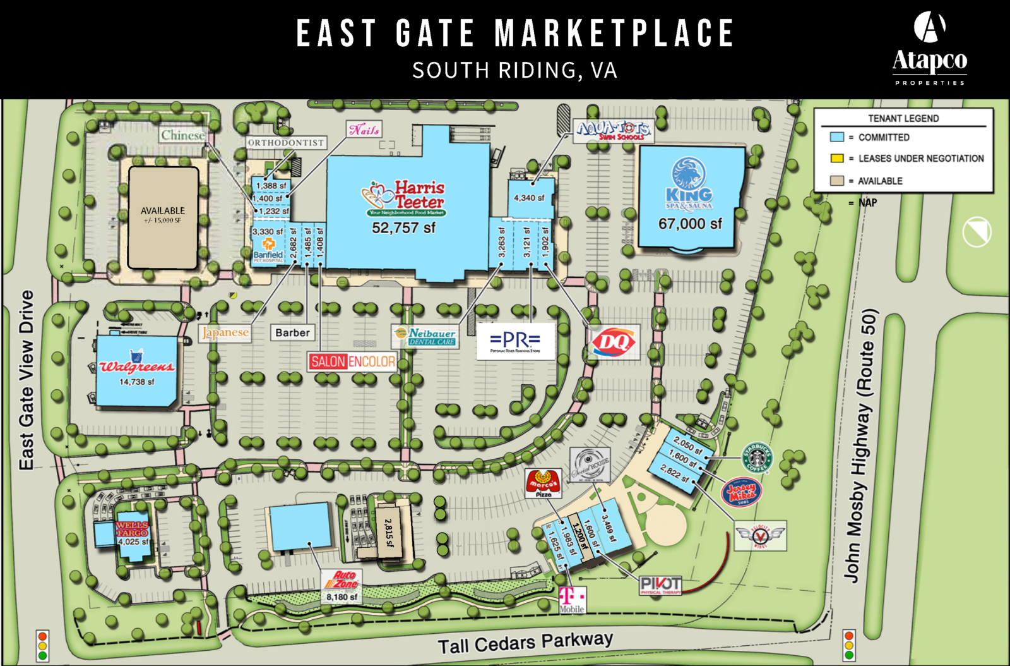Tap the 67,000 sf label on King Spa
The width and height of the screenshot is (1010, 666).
point(690,224)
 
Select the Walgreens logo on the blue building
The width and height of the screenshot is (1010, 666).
point(136,365)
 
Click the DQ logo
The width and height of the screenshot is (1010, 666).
point(614,342)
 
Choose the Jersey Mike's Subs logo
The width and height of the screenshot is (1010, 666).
point(742,492)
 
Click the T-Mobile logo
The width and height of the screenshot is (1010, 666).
point(572,599)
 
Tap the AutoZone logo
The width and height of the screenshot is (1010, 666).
point(342,579)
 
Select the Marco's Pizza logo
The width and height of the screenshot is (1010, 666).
point(544,483)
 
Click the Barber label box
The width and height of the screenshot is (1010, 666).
point(292,332)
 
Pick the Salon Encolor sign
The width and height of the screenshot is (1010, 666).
point(352,361)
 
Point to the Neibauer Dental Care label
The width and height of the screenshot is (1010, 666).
point(425,336)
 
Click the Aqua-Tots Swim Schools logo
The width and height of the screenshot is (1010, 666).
point(614,131)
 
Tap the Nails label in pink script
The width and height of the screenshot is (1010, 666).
point(364,130)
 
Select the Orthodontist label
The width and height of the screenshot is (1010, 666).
point(286,143)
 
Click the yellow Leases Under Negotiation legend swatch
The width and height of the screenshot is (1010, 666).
point(837,158)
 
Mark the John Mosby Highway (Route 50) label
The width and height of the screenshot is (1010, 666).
point(862,445)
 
